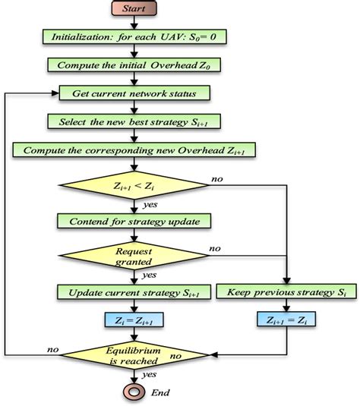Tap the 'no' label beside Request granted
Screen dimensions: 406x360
coord(215,248)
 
